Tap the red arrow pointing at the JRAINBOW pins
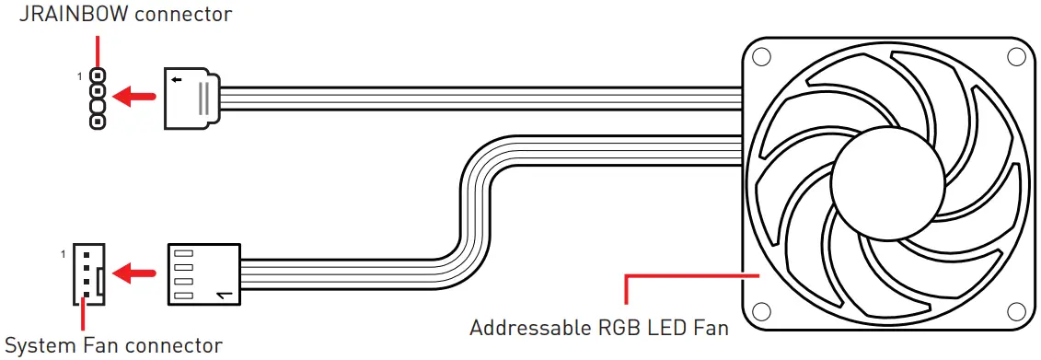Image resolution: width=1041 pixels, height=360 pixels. pyautogui.click(x=137, y=95)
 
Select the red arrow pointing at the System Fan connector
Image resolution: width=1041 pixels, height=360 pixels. pyautogui.click(x=137, y=273)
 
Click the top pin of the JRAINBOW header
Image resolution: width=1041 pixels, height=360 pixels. pyautogui.click(x=97, y=76)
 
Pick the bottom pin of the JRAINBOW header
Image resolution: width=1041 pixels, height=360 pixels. pyautogui.click(x=97, y=121)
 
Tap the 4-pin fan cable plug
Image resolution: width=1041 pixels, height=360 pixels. pyautogui.click(x=203, y=274)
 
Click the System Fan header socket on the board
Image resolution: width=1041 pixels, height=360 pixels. pyautogui.click(x=88, y=273)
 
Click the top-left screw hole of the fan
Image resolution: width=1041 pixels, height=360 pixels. pyautogui.click(x=761, y=55)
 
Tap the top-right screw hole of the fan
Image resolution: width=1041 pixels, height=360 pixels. pyautogui.click(x=1015, y=55)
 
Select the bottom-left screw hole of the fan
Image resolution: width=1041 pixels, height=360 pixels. pyautogui.click(x=761, y=310)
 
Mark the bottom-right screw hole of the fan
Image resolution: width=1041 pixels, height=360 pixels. pyautogui.click(x=1015, y=310)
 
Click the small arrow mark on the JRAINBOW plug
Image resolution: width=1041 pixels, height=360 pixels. pyautogui.click(x=176, y=80)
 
